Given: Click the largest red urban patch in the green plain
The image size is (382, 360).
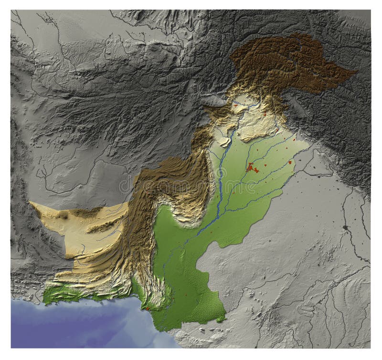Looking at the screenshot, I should pyautogui.click(x=250, y=167).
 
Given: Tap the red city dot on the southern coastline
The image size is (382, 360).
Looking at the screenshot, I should pyautogui.click(x=148, y=309).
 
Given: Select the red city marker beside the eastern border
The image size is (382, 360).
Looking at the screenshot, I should pyautogui.click(x=290, y=162).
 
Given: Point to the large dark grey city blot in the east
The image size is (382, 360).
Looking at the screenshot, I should pyautogui.click(x=345, y=227).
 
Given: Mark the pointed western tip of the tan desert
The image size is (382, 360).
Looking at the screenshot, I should pyautogui.click(x=31, y=202).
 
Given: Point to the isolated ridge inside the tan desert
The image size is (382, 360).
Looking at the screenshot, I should pyautogui.click(x=103, y=227).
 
